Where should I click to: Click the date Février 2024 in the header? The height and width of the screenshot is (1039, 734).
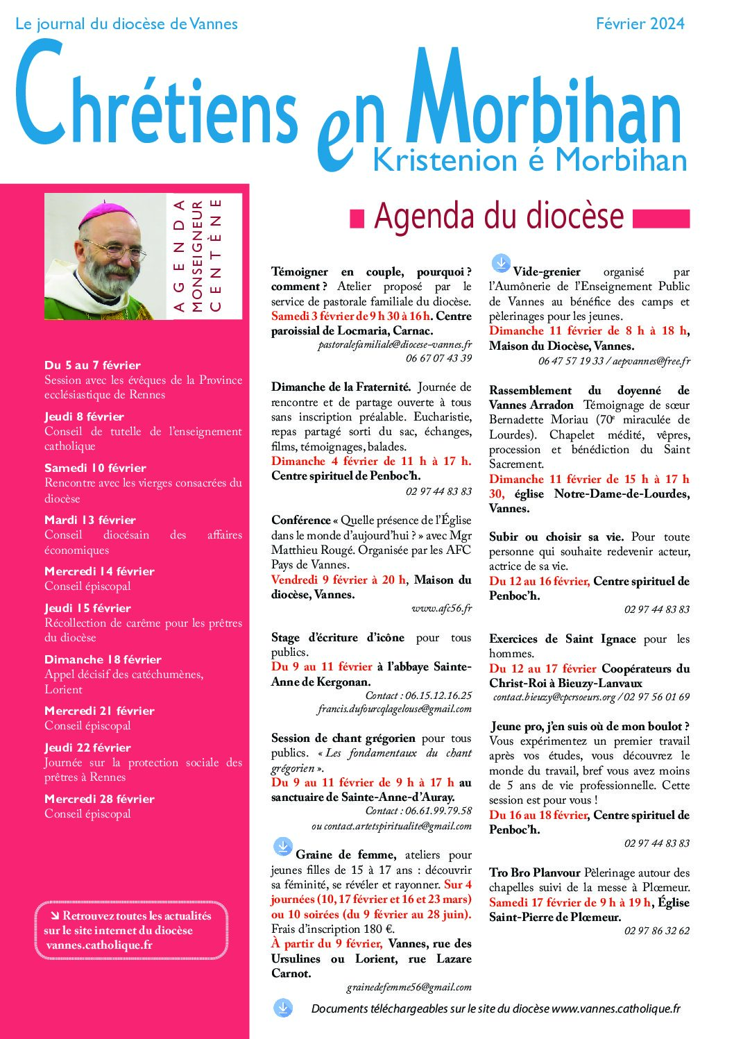[x=640, y=24]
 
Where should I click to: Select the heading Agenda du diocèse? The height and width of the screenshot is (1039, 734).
[x=499, y=216]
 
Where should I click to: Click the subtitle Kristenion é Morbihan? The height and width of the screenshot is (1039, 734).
[x=530, y=160]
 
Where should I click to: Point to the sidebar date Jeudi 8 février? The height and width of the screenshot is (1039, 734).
[x=84, y=416]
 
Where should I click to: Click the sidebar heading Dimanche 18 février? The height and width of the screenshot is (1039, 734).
[x=103, y=659]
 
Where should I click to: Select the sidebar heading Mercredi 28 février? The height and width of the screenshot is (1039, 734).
[x=99, y=799]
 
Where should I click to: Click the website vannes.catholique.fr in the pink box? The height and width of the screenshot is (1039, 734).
[x=99, y=945]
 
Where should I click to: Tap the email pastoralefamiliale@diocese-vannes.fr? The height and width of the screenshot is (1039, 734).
[x=395, y=344]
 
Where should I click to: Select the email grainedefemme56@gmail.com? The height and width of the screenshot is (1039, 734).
[x=409, y=987]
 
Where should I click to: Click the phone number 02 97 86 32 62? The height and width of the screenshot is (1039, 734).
[x=656, y=931]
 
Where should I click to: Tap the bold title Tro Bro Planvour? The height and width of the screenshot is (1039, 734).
[x=534, y=872]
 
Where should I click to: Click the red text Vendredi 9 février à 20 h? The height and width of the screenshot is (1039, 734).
[x=339, y=580]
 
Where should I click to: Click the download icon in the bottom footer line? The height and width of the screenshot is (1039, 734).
[x=283, y=1008]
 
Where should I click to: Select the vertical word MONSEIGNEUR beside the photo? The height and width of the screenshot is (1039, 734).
[x=197, y=256]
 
